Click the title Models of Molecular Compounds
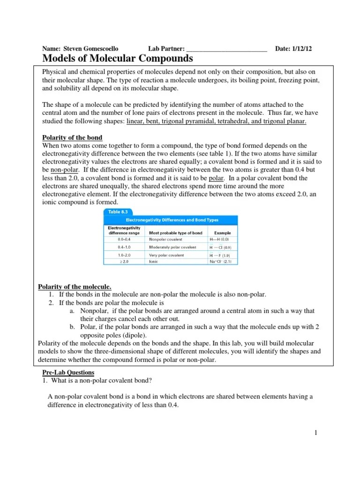[118, 59]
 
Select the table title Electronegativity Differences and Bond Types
[171, 219]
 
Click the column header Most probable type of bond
[175, 232]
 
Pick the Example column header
[222, 232]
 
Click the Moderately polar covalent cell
[172, 247]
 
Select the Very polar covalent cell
[166, 255]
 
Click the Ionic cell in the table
[154, 262]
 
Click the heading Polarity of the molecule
[74, 286]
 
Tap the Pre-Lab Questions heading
[68, 372]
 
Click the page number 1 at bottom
[316, 433]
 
